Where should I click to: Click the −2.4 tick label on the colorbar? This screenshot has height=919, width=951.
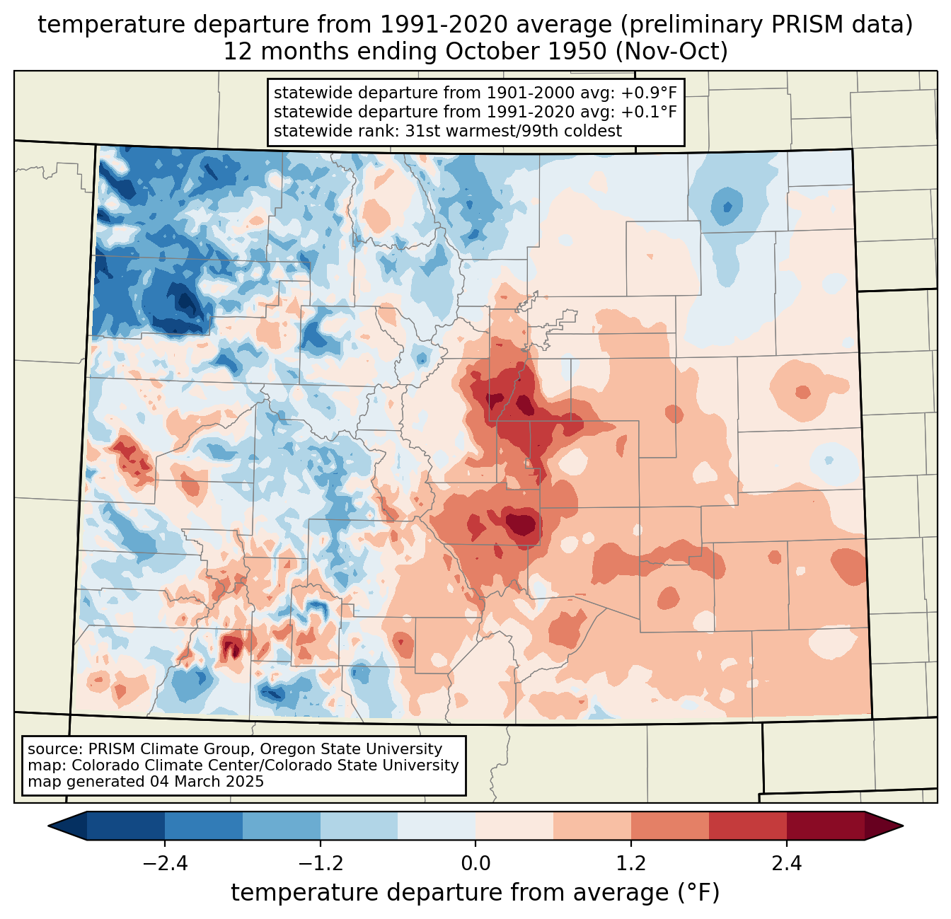coord(165,864)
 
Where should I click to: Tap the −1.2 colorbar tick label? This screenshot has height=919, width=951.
coord(321,864)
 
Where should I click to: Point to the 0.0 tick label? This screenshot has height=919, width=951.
coord(475,864)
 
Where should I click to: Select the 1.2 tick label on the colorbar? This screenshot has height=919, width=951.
coord(631,864)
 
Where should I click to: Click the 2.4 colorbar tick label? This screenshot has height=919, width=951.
coord(787,864)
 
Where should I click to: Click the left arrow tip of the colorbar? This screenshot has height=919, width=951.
coord(48,826)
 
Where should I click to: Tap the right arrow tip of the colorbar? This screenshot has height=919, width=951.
coord(903,826)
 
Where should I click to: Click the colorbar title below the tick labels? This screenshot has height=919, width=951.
coord(475,892)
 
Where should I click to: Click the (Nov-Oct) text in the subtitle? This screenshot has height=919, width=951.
coord(671,52)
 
